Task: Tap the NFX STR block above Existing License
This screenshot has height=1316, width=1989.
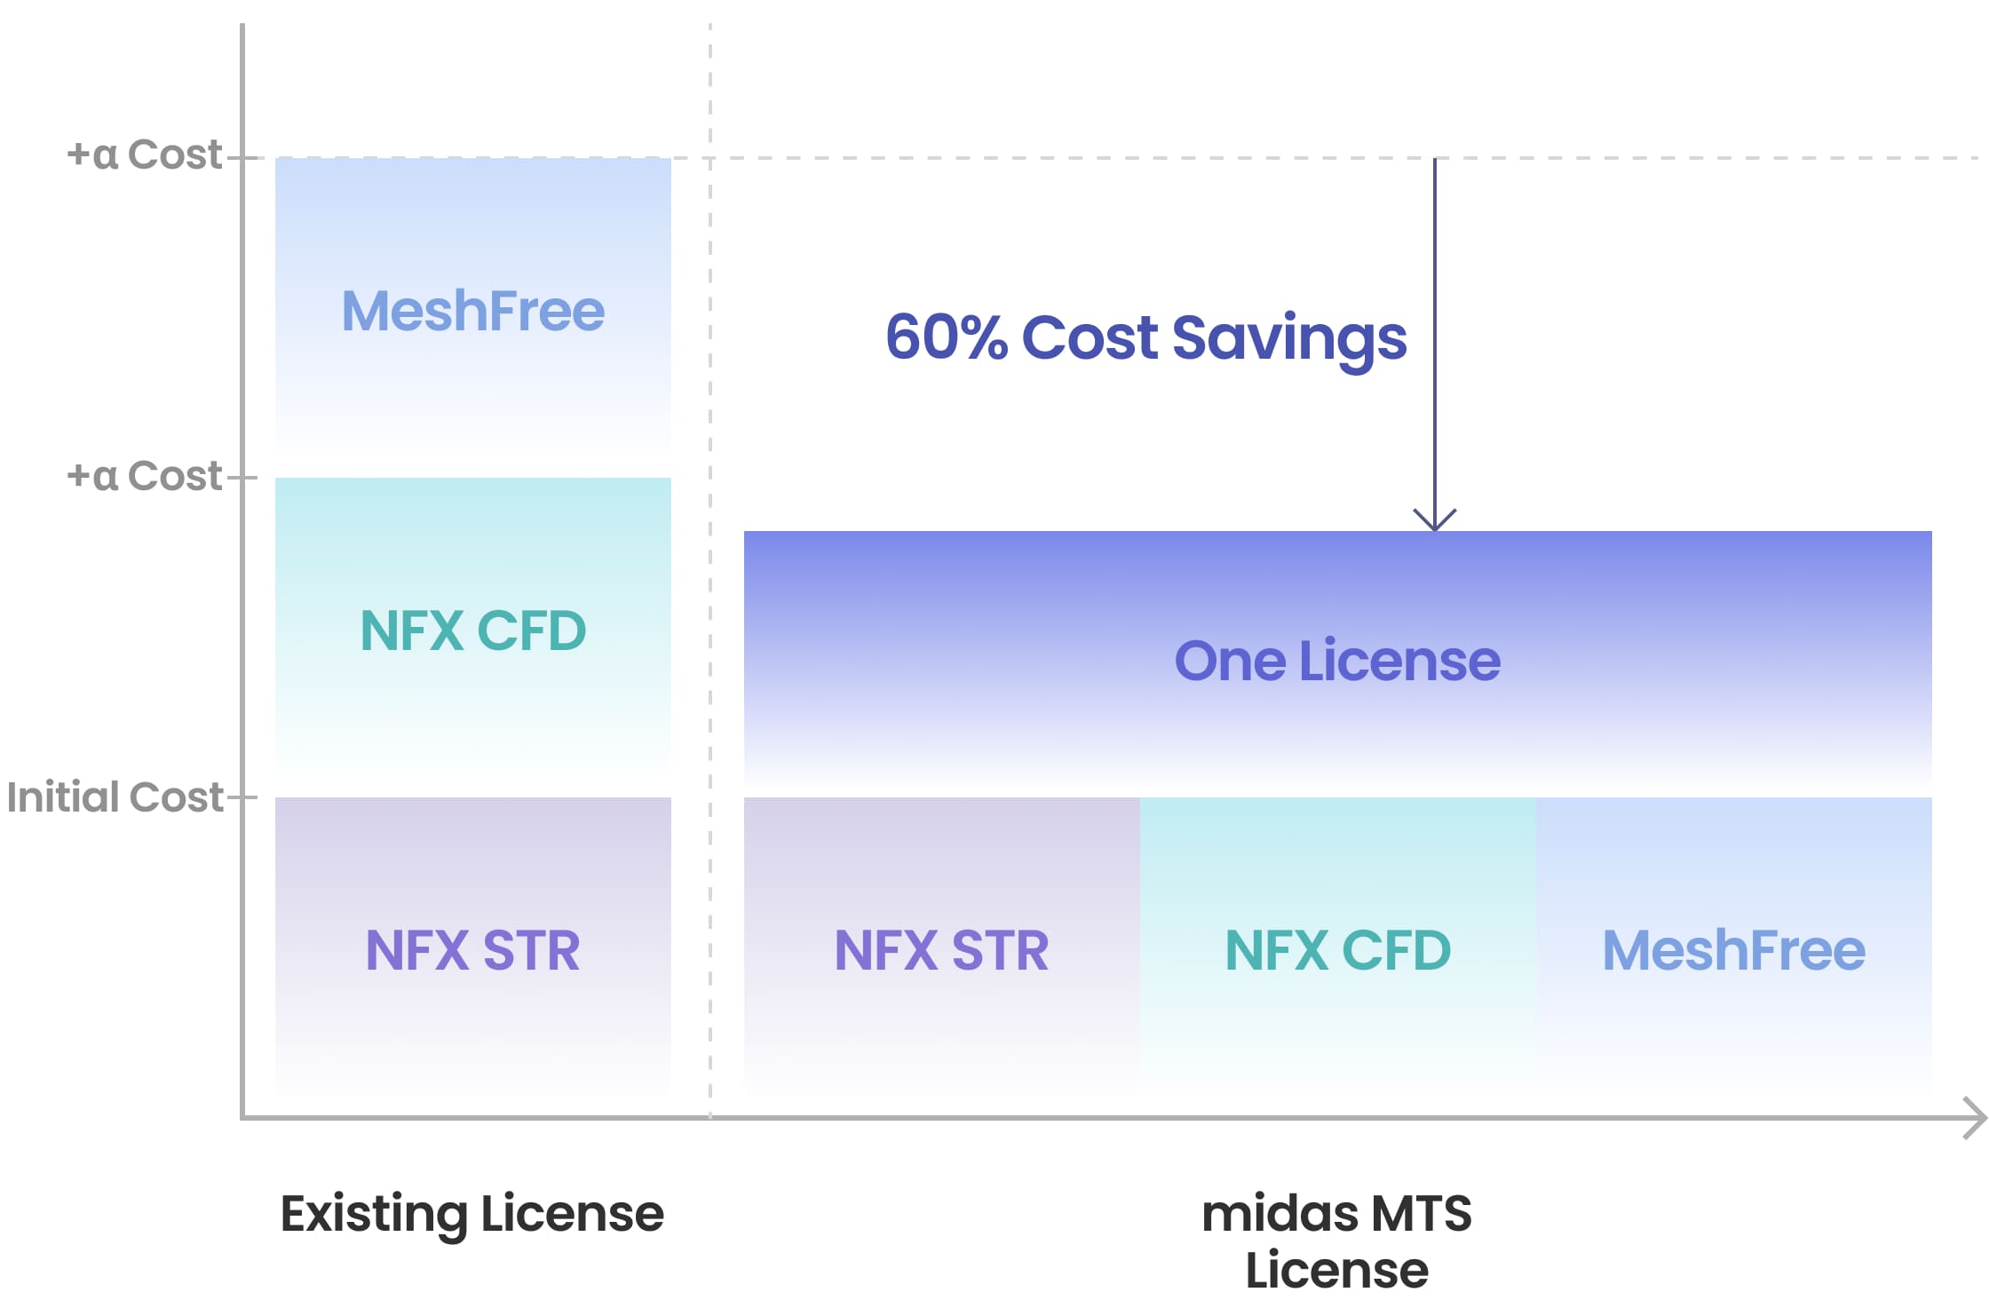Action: [473, 948]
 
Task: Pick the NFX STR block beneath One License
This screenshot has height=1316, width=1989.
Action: [942, 948]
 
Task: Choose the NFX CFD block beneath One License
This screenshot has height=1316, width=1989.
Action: [1338, 948]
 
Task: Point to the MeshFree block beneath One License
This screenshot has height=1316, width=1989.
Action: [1734, 948]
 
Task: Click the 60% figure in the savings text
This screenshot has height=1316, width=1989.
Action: [947, 337]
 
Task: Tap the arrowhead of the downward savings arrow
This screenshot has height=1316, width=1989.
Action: [1435, 520]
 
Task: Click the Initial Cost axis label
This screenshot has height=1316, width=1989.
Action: [115, 797]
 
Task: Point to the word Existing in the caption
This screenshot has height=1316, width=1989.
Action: [374, 1215]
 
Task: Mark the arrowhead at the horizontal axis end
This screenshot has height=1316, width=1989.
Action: [1974, 1117]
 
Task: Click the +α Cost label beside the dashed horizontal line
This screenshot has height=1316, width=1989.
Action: [144, 155]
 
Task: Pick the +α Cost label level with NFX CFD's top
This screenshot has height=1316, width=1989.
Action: [144, 476]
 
